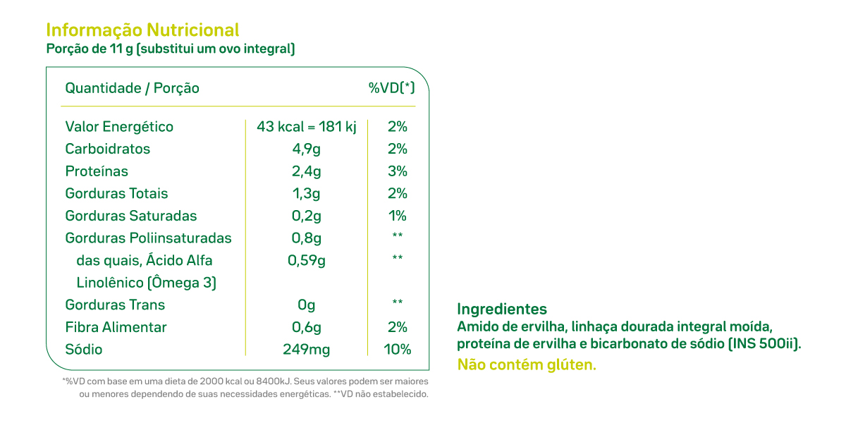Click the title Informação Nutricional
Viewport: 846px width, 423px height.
[x=142, y=30]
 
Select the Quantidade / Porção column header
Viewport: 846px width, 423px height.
[x=132, y=88]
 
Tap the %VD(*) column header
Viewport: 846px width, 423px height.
[x=391, y=88]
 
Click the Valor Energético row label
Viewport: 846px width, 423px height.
[x=119, y=127]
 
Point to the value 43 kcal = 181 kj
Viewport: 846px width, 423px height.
[x=307, y=127]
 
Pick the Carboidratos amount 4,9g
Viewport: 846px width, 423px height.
[x=307, y=149]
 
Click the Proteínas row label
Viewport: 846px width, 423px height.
[x=97, y=171]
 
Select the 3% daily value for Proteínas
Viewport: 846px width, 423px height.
[x=398, y=171]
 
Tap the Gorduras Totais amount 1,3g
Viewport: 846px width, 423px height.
[x=307, y=193]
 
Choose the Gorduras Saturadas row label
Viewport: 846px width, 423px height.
[x=131, y=216]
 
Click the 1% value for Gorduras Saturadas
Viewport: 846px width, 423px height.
[x=398, y=216]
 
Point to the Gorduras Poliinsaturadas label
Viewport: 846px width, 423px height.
[x=148, y=238]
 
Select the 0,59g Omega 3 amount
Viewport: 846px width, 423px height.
[x=307, y=260]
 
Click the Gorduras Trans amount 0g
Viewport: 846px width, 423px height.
[x=307, y=305]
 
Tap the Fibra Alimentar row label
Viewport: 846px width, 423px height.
[x=116, y=327]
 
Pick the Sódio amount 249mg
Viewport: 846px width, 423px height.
[x=307, y=350]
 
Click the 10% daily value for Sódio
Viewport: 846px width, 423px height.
[x=398, y=350]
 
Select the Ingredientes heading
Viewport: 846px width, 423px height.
[x=502, y=309]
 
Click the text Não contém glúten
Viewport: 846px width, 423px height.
[x=527, y=364]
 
